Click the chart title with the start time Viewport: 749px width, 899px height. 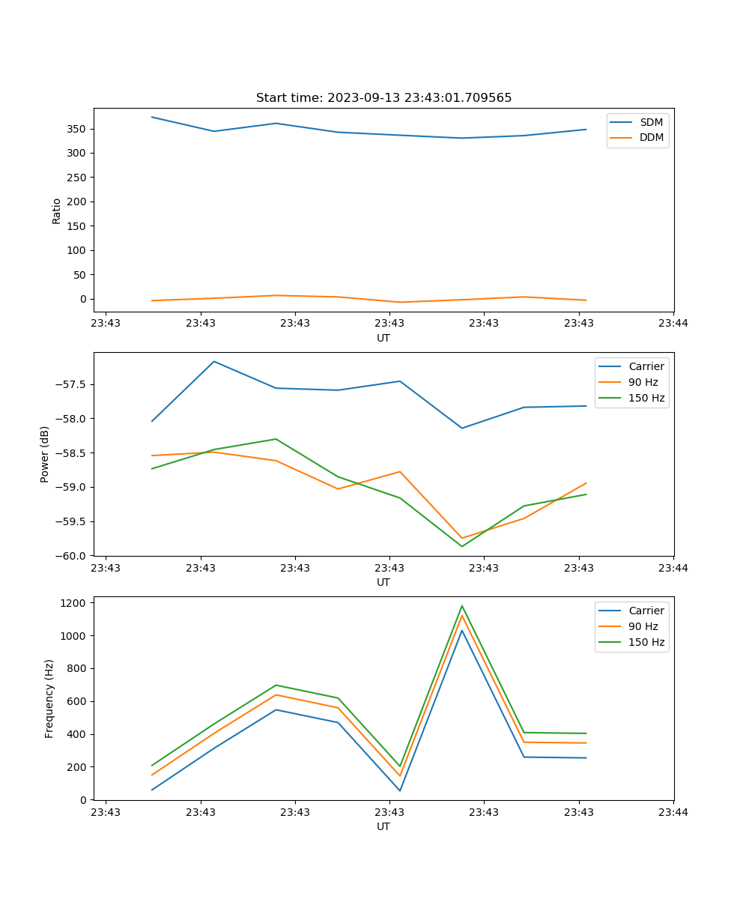(383, 98)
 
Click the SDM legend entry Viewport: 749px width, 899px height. (651, 122)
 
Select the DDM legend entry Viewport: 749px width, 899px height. (651, 137)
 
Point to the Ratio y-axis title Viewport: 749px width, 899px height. (57, 211)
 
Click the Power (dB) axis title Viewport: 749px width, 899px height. (45, 454)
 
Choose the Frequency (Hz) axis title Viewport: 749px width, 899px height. (49, 698)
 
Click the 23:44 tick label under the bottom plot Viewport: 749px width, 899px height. (673, 811)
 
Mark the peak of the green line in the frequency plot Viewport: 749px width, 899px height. (462, 606)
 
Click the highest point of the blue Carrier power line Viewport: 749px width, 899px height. (214, 362)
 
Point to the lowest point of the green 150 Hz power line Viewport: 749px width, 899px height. (462, 546)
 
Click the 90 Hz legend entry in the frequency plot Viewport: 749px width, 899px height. (643, 626)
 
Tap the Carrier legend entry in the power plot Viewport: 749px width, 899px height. (646, 366)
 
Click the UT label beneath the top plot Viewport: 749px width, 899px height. (383, 338)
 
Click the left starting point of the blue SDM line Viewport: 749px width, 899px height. (152, 117)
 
